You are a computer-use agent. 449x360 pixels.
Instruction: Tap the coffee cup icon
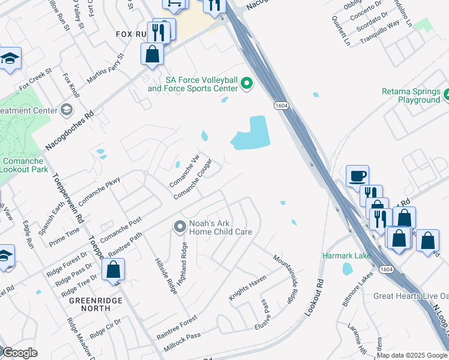pos(357,176)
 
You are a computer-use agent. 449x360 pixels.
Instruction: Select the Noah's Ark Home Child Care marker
pos(179,226)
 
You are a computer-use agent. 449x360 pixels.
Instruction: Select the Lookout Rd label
pos(314,298)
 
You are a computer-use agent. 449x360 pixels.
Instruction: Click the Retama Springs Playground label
pos(411,96)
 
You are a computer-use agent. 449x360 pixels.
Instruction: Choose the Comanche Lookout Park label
pos(24,165)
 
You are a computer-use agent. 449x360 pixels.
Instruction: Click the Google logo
pos(19,352)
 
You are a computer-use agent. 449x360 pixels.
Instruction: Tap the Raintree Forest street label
pos(177,328)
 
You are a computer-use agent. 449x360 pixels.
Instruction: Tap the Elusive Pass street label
pos(266,311)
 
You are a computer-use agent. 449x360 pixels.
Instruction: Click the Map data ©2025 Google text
pos(412,355)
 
